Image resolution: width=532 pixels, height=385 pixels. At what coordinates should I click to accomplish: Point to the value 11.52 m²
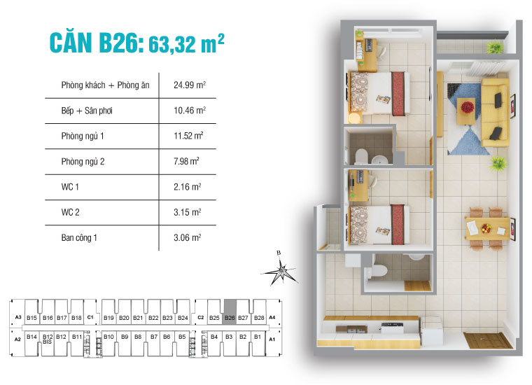188,136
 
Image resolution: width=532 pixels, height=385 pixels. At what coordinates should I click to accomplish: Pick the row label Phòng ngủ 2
82,162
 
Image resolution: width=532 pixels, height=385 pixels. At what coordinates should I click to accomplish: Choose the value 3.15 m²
187,211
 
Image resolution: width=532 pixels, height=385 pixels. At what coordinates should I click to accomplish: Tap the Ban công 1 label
79,237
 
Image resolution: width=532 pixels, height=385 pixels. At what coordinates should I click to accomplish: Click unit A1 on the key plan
272,339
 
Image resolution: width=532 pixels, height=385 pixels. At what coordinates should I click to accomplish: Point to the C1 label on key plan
90,318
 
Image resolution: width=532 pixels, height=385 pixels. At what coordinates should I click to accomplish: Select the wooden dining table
486,227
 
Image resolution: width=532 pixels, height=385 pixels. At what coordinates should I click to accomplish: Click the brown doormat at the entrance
487,341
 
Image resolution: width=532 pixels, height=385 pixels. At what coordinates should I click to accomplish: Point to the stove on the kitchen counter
388,325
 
